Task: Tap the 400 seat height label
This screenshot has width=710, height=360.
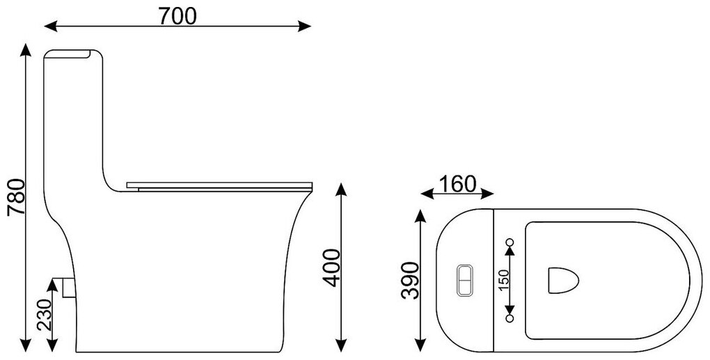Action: point(332,267)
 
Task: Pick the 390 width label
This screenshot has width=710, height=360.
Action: point(410,281)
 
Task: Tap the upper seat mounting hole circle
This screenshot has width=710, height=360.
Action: point(509,242)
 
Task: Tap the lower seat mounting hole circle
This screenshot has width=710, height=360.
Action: point(509,318)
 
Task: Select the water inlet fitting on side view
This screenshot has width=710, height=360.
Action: point(66,285)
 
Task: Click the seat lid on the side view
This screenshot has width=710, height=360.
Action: point(220,185)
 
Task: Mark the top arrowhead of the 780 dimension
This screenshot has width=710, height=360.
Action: point(26,47)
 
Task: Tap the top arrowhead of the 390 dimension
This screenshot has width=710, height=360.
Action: point(420,213)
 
